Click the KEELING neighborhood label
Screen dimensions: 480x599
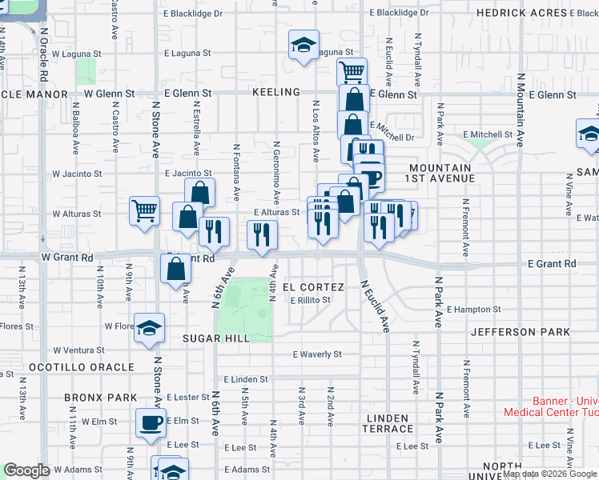point(275,93)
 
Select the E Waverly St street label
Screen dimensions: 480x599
point(317,354)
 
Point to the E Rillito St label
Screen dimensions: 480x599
point(311,300)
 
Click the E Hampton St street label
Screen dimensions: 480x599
point(473,309)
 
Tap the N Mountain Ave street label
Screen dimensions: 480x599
point(520,110)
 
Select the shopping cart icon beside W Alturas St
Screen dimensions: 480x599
point(144,212)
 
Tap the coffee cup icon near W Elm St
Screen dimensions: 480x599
point(150,422)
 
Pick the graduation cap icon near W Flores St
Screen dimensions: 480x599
point(149,328)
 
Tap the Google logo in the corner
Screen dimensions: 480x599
point(26,470)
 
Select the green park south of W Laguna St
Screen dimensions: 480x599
point(86,70)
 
